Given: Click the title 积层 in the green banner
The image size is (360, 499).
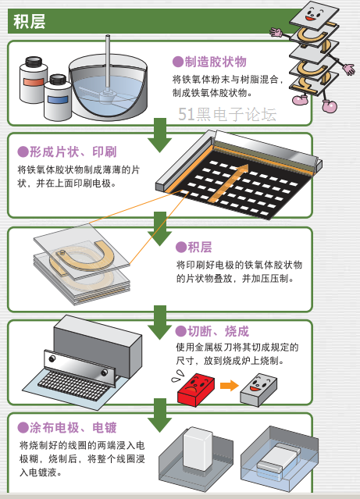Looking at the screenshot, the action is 29,22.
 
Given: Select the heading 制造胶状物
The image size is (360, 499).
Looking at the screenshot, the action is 216,62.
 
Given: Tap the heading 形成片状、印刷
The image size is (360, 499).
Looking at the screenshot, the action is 73,151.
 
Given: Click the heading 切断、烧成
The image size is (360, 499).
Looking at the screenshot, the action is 218,331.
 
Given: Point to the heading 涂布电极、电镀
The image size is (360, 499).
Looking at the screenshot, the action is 73,427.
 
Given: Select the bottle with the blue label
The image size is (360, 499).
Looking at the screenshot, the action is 58,98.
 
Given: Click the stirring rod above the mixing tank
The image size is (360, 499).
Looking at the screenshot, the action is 108,64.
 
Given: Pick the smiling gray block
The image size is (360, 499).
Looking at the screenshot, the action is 258,390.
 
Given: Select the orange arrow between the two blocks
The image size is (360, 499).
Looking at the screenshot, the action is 229,386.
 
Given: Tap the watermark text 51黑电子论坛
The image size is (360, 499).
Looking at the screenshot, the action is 227,114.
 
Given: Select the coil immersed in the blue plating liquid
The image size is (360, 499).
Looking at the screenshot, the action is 277,460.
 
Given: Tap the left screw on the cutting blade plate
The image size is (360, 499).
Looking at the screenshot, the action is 52,358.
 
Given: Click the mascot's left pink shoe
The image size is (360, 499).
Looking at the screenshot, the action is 300,100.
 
